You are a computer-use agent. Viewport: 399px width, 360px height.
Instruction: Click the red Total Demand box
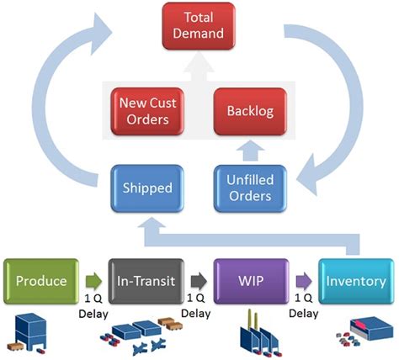click(199, 26)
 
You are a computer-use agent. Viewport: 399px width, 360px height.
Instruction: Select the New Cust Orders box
click(147, 111)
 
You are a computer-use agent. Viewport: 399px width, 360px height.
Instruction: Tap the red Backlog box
click(250, 111)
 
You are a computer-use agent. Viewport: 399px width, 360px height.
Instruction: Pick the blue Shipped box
click(147, 188)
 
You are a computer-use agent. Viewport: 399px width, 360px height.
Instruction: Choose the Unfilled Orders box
click(250, 188)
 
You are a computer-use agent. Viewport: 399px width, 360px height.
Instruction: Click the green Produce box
click(41, 281)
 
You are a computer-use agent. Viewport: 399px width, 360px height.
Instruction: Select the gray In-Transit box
click(146, 281)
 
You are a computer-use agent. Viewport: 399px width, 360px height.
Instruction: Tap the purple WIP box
click(251, 281)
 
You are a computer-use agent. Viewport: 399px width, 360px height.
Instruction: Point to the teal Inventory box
click(356, 281)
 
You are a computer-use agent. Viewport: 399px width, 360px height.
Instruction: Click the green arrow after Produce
click(93, 281)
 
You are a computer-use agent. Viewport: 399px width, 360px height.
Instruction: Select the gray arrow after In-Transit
click(199, 281)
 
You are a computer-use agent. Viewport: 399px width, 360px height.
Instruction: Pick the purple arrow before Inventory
click(304, 281)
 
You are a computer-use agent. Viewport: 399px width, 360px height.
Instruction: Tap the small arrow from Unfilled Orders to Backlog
click(250, 151)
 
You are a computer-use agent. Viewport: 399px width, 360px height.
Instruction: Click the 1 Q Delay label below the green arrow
click(93, 306)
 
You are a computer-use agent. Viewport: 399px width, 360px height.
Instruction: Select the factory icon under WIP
click(258, 333)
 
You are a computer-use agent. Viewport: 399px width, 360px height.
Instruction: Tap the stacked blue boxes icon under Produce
click(28, 333)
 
